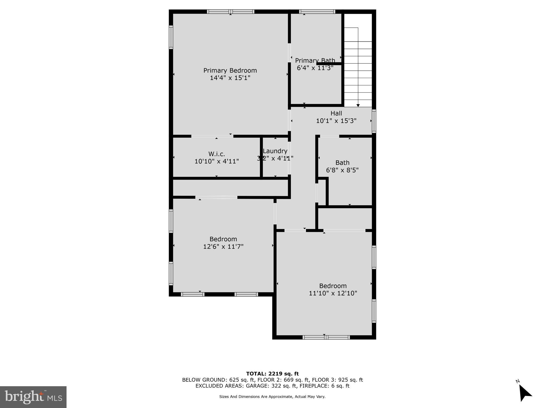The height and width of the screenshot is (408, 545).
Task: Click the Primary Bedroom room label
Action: [x=230, y=70]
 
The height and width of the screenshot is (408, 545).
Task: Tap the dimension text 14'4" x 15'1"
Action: [x=230, y=78]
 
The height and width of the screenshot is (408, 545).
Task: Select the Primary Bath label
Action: [x=315, y=61]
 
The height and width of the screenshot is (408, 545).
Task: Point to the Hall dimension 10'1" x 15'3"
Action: [x=336, y=121]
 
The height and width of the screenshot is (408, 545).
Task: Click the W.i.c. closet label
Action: [x=217, y=154]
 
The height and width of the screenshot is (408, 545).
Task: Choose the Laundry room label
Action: [x=275, y=151]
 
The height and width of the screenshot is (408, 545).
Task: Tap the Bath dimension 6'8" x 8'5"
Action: [x=342, y=170]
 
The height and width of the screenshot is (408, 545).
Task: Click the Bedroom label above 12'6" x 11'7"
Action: [x=223, y=239]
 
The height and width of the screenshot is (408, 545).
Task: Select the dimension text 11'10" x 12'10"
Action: [x=333, y=293]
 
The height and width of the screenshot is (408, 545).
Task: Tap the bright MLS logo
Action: [x=33, y=397]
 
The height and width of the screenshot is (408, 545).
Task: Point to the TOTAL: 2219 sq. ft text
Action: [x=272, y=374]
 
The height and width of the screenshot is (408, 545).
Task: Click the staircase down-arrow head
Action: [x=358, y=105]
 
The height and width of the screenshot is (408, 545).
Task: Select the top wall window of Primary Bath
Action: [x=317, y=11]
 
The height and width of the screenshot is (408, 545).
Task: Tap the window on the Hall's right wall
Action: [x=374, y=121]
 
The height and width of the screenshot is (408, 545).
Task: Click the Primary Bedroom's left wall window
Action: [x=171, y=37]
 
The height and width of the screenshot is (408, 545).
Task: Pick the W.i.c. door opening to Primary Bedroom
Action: [x=212, y=136]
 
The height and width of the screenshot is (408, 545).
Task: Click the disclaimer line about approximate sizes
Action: [x=272, y=397]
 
